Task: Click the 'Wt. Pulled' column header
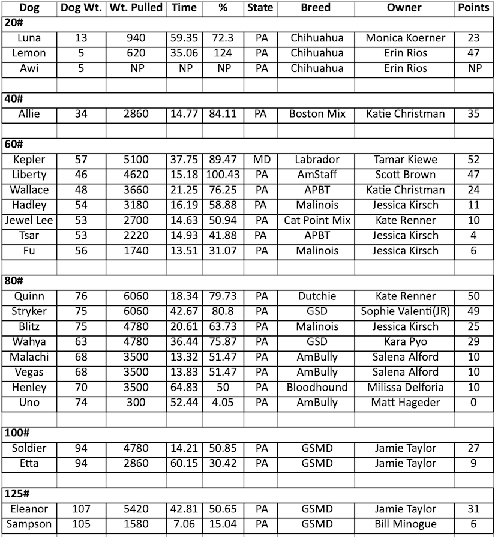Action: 136,8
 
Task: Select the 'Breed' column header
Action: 316,8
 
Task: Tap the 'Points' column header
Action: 473,8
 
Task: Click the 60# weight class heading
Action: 14,145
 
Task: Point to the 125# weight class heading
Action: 17,494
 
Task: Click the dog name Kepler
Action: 29,160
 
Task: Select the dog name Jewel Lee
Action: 29,220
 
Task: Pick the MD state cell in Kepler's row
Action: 261,160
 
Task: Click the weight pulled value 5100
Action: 136,160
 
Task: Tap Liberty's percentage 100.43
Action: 223,175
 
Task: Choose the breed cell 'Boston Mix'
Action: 317,114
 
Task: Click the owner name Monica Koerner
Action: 406,38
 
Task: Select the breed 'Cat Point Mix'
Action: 317,220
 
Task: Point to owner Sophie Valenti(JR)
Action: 405,311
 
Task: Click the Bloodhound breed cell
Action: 317,387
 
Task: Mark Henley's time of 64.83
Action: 184,387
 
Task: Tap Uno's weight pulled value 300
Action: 136,403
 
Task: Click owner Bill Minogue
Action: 405,524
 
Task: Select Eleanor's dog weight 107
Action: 82,509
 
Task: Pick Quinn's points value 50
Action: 473,296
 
